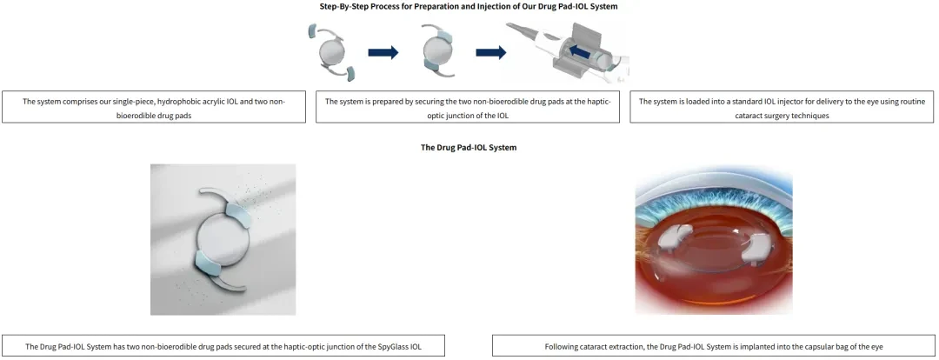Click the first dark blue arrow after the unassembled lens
tap(383, 53)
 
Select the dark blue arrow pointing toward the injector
tap(491, 53)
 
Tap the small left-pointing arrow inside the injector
tap(579, 53)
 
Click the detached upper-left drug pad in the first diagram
tap(313, 31)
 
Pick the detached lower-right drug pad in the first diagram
tap(350, 74)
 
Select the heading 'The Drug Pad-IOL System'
tap(469, 147)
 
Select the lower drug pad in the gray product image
tap(208, 263)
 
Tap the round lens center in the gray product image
tap(223, 238)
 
